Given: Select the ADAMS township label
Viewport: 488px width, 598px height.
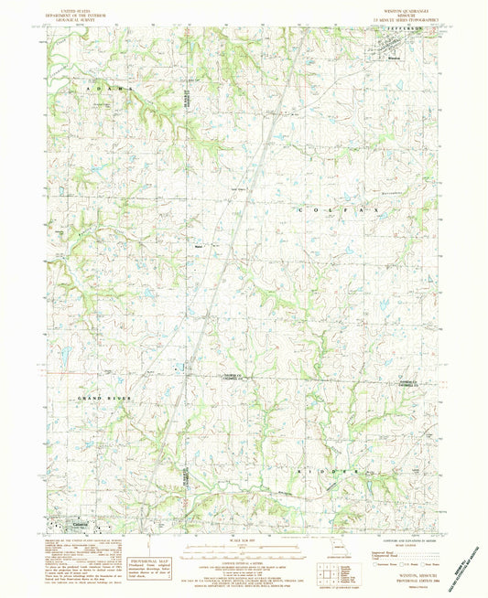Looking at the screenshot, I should [106, 89].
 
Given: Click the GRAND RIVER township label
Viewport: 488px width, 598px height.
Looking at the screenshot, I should [105, 399].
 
